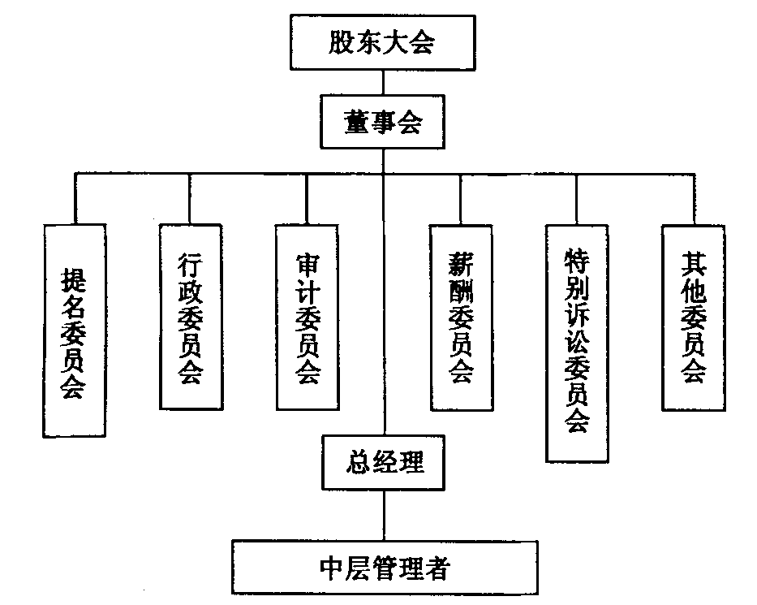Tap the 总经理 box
click(x=384, y=462)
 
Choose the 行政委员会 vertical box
click(x=190, y=317)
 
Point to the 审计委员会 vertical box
click(x=307, y=317)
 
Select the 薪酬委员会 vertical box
click(x=460, y=317)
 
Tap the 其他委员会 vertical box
click(x=694, y=317)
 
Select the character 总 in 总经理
click(x=356, y=462)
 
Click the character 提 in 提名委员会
click(x=74, y=281)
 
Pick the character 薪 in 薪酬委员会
click(x=460, y=265)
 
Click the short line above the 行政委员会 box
click(x=190, y=199)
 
